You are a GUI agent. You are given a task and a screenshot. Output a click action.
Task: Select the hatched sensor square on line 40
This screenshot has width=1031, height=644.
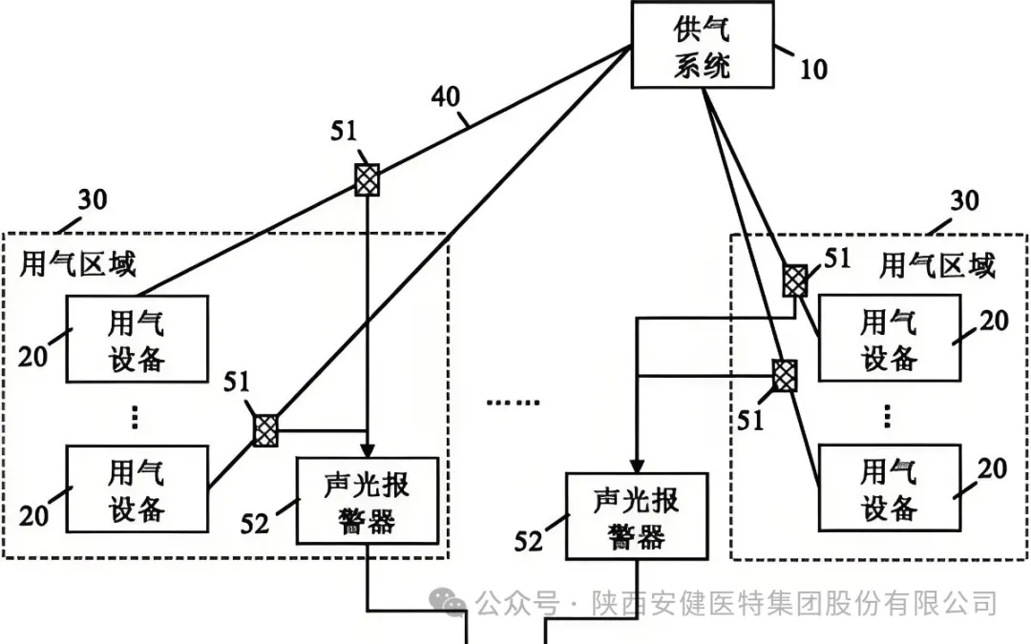click(x=367, y=179)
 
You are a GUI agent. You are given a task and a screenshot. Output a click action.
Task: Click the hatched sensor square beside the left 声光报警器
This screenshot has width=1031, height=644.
click(x=266, y=430)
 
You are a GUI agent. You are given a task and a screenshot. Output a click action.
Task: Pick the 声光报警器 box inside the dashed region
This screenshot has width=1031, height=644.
click(x=368, y=501)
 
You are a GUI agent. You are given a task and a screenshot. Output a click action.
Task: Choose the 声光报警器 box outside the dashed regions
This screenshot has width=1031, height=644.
click(x=637, y=515)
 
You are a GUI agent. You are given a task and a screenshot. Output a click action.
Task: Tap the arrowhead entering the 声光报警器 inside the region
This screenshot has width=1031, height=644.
click(x=368, y=449)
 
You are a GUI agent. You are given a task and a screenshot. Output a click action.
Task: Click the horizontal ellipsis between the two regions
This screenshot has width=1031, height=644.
click(x=513, y=402)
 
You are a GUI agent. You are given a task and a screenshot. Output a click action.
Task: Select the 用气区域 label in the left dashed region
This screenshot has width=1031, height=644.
click(x=78, y=264)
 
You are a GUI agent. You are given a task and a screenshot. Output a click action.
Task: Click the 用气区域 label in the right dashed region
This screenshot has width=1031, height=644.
click(x=936, y=265)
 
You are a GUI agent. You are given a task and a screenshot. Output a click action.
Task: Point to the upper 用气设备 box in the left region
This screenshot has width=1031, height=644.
click(x=137, y=340)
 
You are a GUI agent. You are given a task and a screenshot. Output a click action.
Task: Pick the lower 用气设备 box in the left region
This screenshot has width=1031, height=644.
click(x=137, y=489)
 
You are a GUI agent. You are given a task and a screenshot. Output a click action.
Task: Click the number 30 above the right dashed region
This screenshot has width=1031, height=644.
click(x=964, y=201)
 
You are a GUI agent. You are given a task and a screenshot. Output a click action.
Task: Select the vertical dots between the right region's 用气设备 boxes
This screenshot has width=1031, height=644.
click(x=888, y=416)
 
